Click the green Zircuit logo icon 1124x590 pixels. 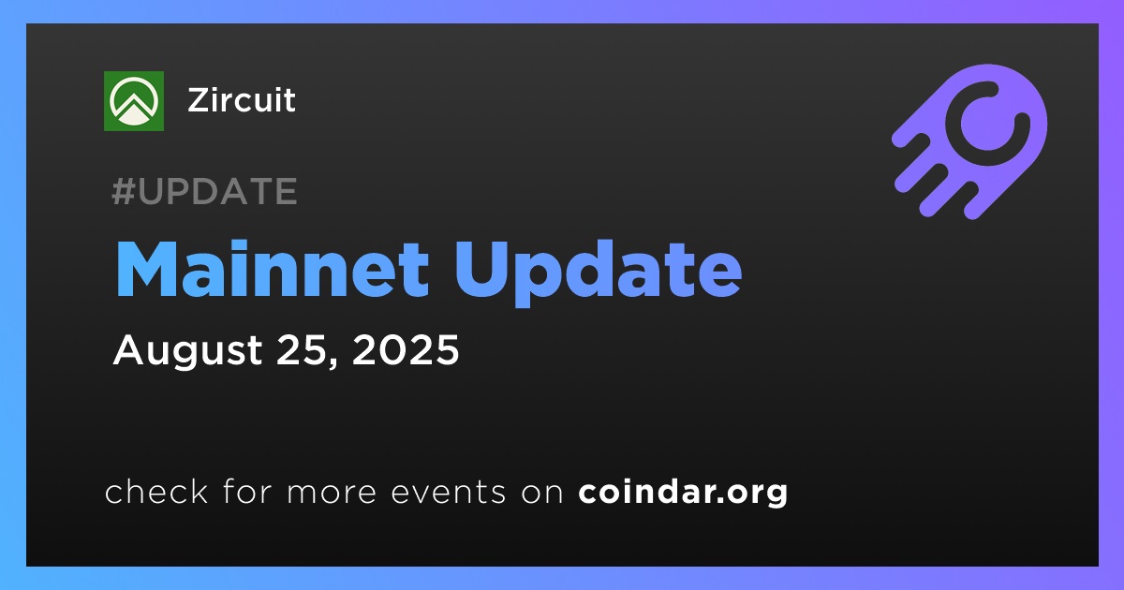coord(133,101)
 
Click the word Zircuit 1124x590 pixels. coord(242,100)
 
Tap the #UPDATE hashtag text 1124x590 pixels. coord(205,191)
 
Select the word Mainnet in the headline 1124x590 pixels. coord(272,270)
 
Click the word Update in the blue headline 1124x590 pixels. coord(599,273)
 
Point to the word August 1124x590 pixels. coord(187,351)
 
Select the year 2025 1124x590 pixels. coord(406,349)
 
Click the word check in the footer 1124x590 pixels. coord(156,492)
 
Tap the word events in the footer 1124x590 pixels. coord(449,493)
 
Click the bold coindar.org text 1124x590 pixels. coord(683,493)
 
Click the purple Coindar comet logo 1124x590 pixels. coord(969,141)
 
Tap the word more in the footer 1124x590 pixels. coord(332,493)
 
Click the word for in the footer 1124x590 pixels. coord(247,491)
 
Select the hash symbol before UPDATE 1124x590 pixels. coord(124,191)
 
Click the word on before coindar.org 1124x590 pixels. coord(542,493)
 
